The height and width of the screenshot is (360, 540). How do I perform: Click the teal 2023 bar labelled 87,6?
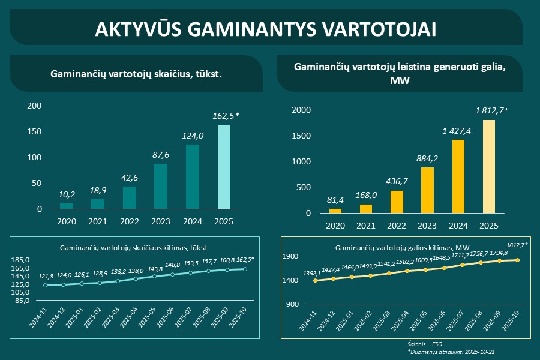click(161, 186)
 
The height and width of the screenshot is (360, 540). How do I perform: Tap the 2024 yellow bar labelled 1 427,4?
click(458, 176)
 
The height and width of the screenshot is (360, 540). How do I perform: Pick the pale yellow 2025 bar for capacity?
click(489, 166)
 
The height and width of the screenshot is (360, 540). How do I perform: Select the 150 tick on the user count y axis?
click(35, 132)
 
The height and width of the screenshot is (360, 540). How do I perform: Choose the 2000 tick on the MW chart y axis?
click(301, 110)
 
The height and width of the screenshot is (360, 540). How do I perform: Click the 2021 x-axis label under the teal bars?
click(98, 221)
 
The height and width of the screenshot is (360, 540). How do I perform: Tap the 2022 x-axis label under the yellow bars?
click(397, 226)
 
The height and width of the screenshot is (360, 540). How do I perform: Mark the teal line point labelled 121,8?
click(45, 285)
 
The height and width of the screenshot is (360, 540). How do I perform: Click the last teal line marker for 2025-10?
click(244, 269)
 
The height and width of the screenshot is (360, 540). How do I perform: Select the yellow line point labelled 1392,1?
click(316, 280)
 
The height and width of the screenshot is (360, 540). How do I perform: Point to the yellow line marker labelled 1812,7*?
click(517, 260)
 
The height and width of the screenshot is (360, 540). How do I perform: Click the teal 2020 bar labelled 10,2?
click(67, 206)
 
